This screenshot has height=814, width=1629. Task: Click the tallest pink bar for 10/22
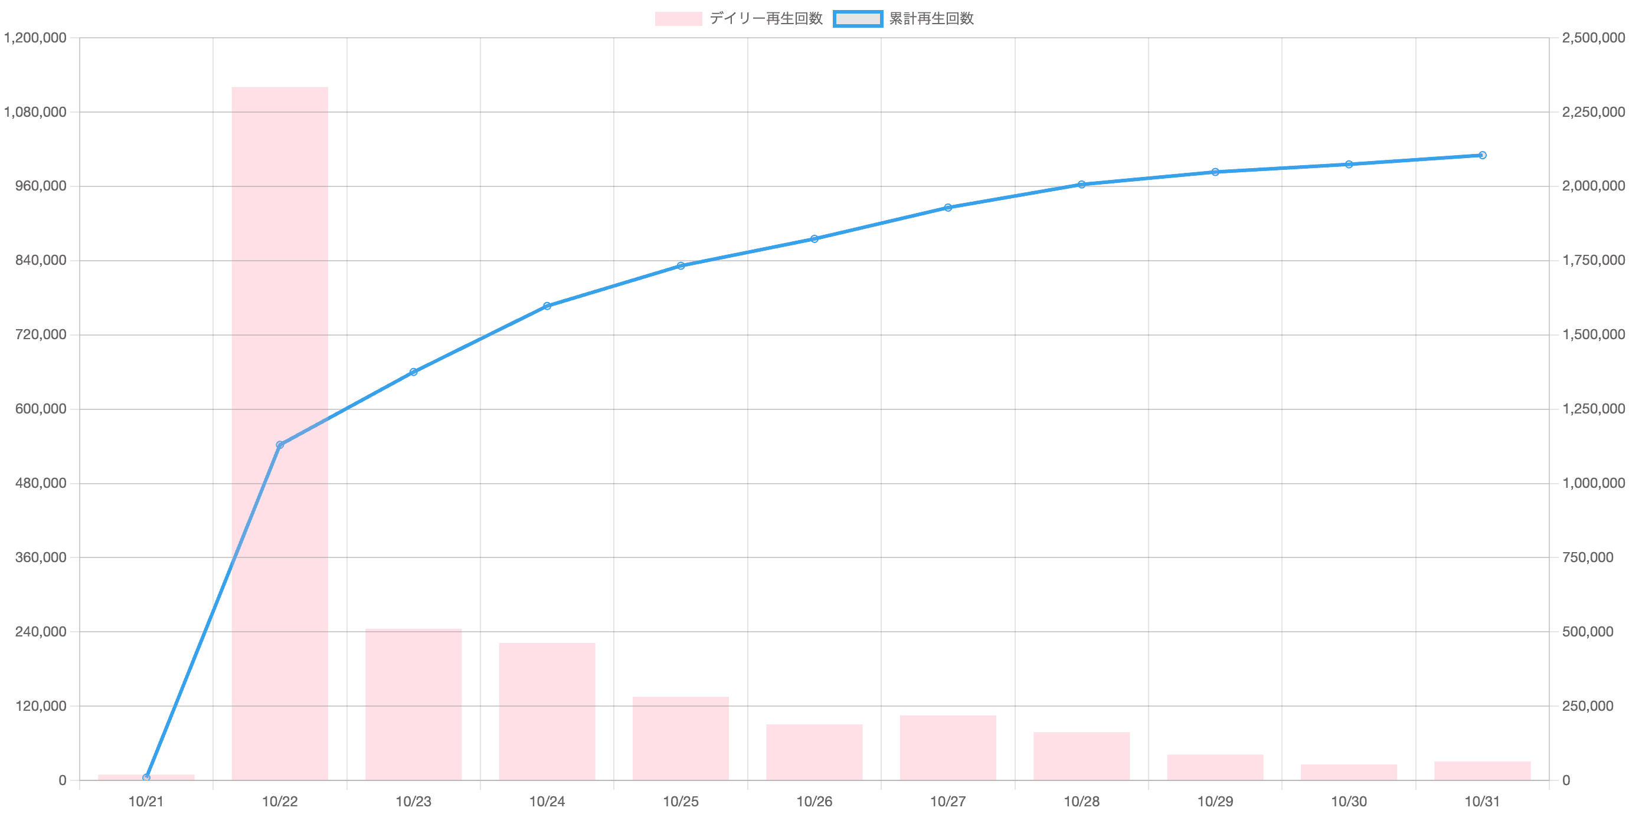click(280, 433)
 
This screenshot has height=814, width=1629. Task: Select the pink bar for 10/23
click(414, 704)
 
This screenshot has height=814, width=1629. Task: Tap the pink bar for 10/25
click(681, 737)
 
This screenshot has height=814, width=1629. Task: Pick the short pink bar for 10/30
click(1349, 772)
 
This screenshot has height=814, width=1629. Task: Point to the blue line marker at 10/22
click(280, 445)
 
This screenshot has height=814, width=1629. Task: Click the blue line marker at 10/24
click(548, 306)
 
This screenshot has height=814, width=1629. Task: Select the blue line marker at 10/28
click(1082, 185)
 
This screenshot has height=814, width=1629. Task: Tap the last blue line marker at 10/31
click(1482, 155)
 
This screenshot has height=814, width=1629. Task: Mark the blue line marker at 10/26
click(814, 239)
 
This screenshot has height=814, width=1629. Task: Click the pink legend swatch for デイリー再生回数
click(678, 19)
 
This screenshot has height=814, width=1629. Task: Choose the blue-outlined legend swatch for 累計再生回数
click(858, 19)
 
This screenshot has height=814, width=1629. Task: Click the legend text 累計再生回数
click(930, 19)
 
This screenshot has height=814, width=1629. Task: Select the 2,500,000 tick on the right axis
click(1593, 38)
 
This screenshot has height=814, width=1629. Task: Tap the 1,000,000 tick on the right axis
click(1593, 484)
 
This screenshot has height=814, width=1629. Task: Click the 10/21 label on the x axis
click(146, 802)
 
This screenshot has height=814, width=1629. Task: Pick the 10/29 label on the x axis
click(1215, 802)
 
